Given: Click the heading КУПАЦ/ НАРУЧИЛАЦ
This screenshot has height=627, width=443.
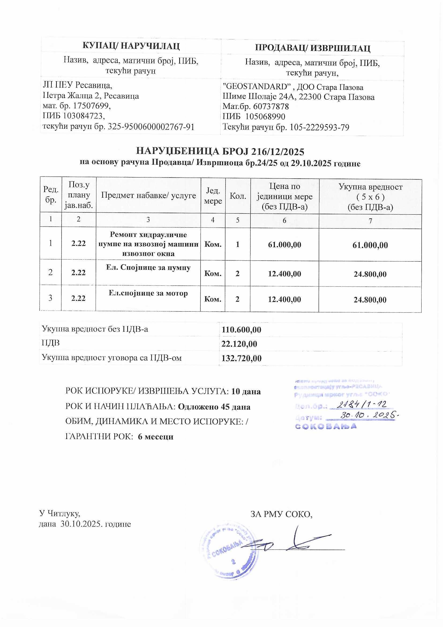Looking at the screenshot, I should coord(131,46).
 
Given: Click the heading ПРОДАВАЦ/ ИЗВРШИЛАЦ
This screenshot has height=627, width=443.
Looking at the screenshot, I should coord(313,48).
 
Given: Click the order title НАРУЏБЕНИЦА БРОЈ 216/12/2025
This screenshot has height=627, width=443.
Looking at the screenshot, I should coord(220,151).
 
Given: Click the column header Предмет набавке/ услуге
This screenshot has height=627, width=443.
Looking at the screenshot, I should coord(148,195).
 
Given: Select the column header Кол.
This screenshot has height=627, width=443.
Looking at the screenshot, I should coord(238,196).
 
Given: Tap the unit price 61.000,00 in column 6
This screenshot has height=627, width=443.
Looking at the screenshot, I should coord(284,245).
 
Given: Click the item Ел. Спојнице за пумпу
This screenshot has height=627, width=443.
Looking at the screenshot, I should coord(148,268).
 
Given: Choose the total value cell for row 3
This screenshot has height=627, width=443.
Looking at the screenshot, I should coord(370,300).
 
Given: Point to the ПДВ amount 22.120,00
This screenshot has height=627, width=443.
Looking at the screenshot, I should coord(239,344).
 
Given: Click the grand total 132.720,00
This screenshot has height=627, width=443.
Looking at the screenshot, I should coord(241,358).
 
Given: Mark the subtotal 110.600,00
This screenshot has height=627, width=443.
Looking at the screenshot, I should coord(241,330).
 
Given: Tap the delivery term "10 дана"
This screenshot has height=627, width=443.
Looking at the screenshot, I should coord(246,392).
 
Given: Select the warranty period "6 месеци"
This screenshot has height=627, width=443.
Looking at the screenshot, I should coord(156,437).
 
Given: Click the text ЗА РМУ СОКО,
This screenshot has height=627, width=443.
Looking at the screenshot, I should coord(281,514).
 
